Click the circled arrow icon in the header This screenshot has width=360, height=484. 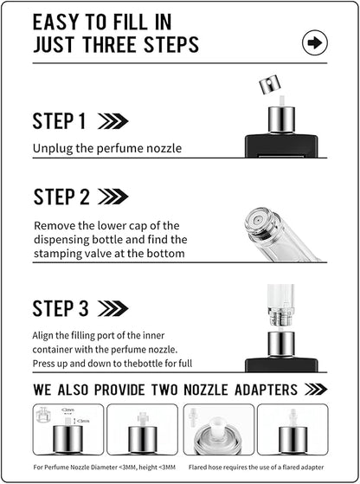pyautogui.click(x=314, y=42)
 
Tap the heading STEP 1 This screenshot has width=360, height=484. pyautogui.click(x=60, y=121)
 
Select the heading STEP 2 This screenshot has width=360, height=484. pyautogui.click(x=61, y=197)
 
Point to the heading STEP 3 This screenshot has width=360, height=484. pyautogui.click(x=61, y=308)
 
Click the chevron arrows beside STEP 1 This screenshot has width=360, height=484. pyautogui.click(x=113, y=121)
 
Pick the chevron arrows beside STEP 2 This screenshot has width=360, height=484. pyautogui.click(x=113, y=197)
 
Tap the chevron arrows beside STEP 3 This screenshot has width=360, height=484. pyautogui.click(x=113, y=308)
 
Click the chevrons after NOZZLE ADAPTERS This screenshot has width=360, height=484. pyautogui.click(x=315, y=390)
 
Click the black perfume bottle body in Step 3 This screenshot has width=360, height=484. pyautogui.click(x=280, y=365)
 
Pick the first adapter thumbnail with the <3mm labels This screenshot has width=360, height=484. pyautogui.click(x=67, y=429)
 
